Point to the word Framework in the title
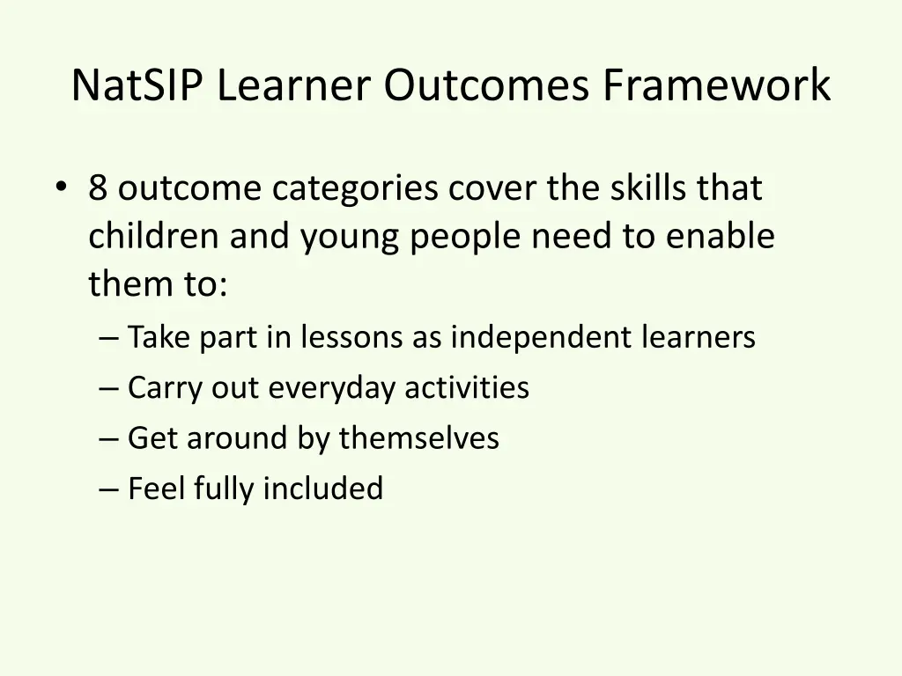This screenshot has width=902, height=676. click(x=716, y=86)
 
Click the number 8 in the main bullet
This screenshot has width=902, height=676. click(x=98, y=188)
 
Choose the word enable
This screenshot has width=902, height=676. click(x=720, y=236)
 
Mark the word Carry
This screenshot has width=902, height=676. click(x=164, y=388)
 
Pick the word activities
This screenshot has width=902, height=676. click(x=467, y=387)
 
